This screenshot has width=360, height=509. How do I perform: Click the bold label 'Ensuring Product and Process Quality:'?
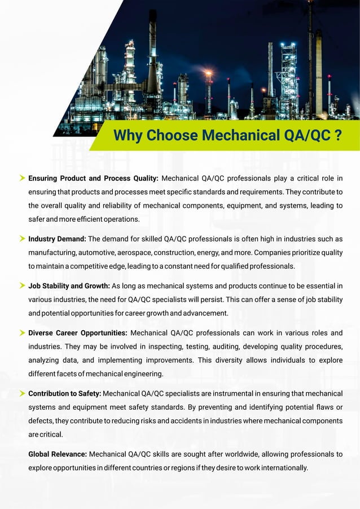tap(93, 179)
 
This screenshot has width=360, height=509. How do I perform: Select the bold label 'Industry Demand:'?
tap(57, 239)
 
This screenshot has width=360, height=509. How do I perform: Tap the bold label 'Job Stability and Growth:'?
tap(69, 286)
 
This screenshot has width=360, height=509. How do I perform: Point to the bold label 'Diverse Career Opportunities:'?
tap(78, 333)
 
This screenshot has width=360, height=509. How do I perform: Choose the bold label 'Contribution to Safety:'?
tap(65, 393)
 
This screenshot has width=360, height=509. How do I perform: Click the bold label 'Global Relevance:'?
tap(58, 454)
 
